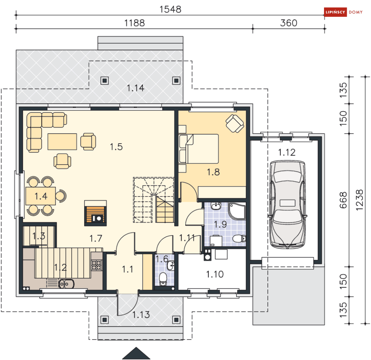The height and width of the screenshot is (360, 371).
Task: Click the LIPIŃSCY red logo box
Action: click(335, 12)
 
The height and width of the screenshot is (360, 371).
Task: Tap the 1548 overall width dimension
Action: click(170, 9)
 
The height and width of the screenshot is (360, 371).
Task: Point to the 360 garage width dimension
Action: click(289, 23)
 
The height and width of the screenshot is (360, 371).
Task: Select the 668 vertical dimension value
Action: click(343, 200)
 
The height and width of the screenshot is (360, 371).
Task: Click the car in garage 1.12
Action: click(287, 204)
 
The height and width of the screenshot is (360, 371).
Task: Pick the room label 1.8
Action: click(213, 172)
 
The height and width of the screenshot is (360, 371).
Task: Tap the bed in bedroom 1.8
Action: click(198, 148)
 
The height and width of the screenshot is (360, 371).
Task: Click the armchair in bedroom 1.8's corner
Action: click(235, 123)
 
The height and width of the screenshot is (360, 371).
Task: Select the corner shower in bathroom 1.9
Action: click(237, 211)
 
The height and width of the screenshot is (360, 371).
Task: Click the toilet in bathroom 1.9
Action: click(239, 238)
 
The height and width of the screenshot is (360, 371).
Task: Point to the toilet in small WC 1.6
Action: click(163, 279)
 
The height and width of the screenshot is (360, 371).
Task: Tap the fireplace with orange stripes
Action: click(95, 213)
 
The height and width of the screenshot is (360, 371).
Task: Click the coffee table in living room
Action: click(62, 141)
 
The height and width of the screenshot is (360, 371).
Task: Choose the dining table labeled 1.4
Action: click(41, 196)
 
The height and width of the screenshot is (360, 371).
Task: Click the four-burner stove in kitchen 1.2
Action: click(97, 265)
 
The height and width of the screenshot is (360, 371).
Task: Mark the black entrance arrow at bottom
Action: click(136, 353)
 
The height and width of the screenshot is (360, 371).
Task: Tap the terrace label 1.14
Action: click(135, 88)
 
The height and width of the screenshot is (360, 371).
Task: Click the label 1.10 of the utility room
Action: click(215, 274)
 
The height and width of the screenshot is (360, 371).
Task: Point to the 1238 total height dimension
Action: click(359, 200)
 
